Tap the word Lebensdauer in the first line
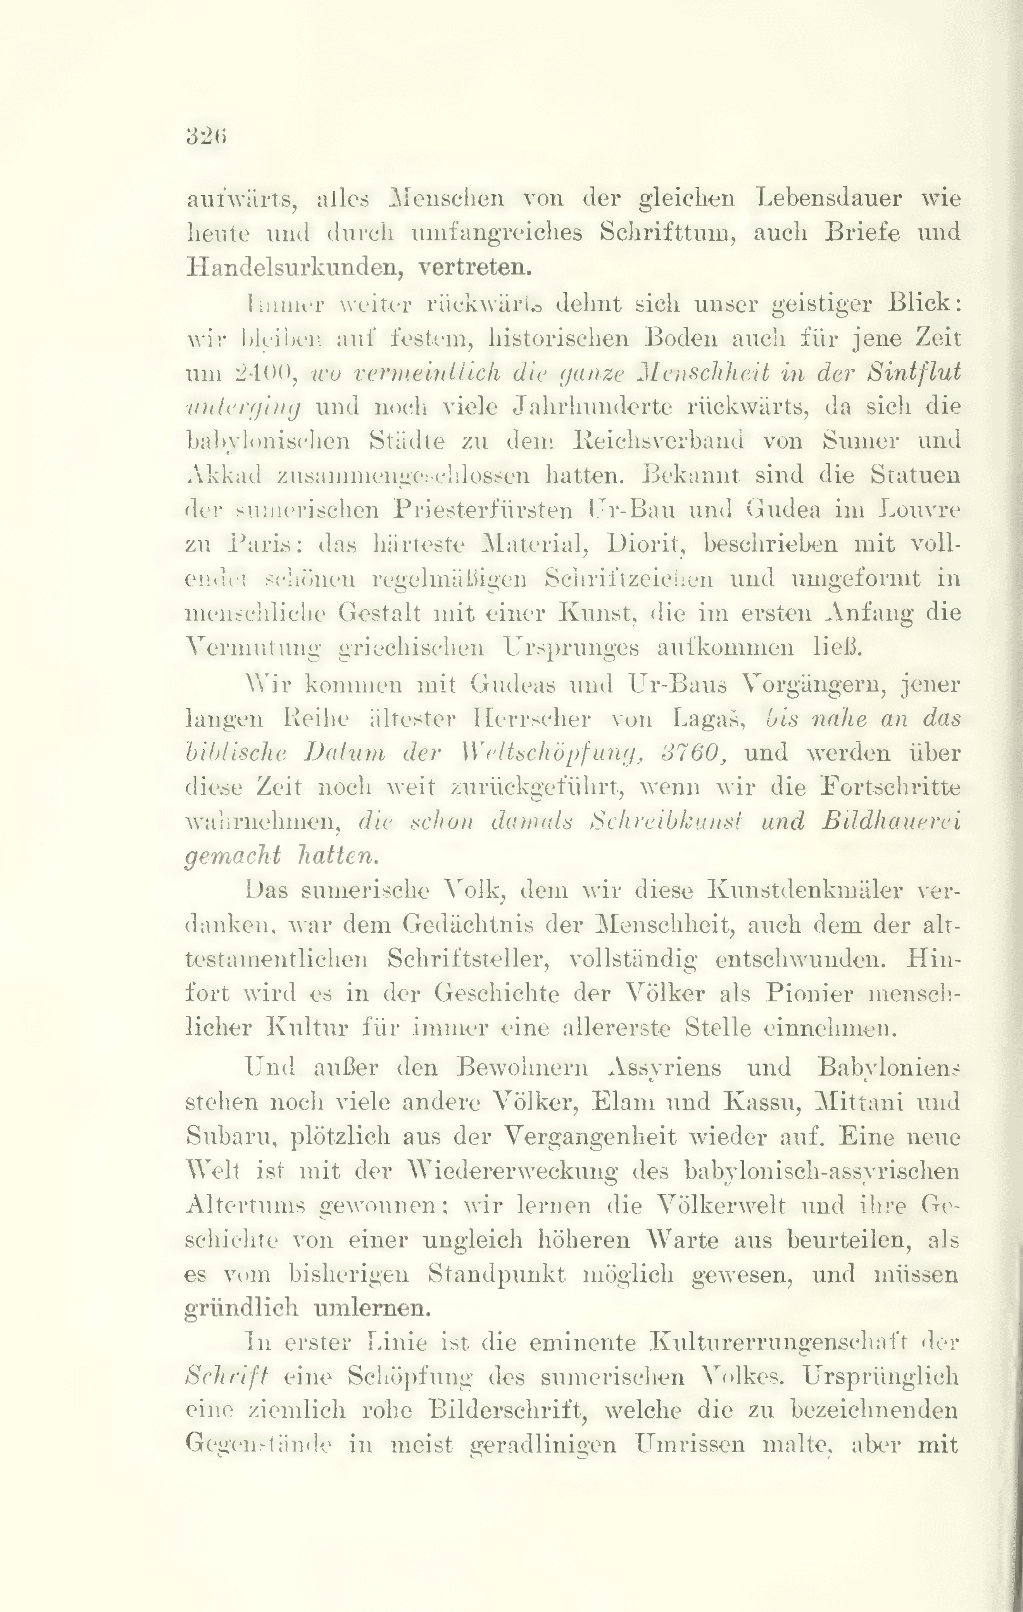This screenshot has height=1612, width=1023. click(829, 199)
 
